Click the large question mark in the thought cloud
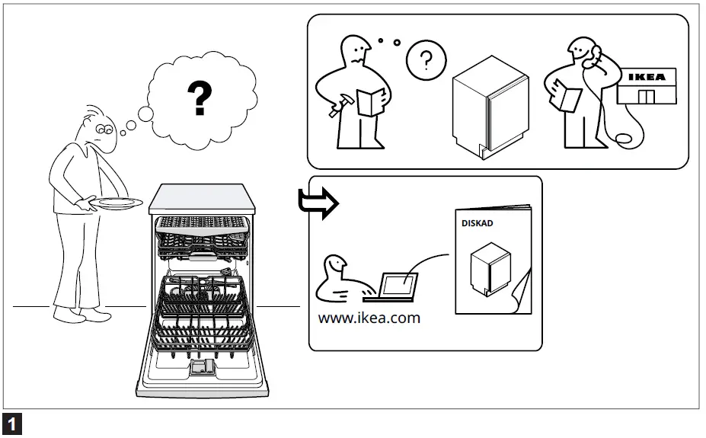(x=200, y=98)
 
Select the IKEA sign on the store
(x=645, y=77)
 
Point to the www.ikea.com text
(x=369, y=318)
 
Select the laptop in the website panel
(x=398, y=284)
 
